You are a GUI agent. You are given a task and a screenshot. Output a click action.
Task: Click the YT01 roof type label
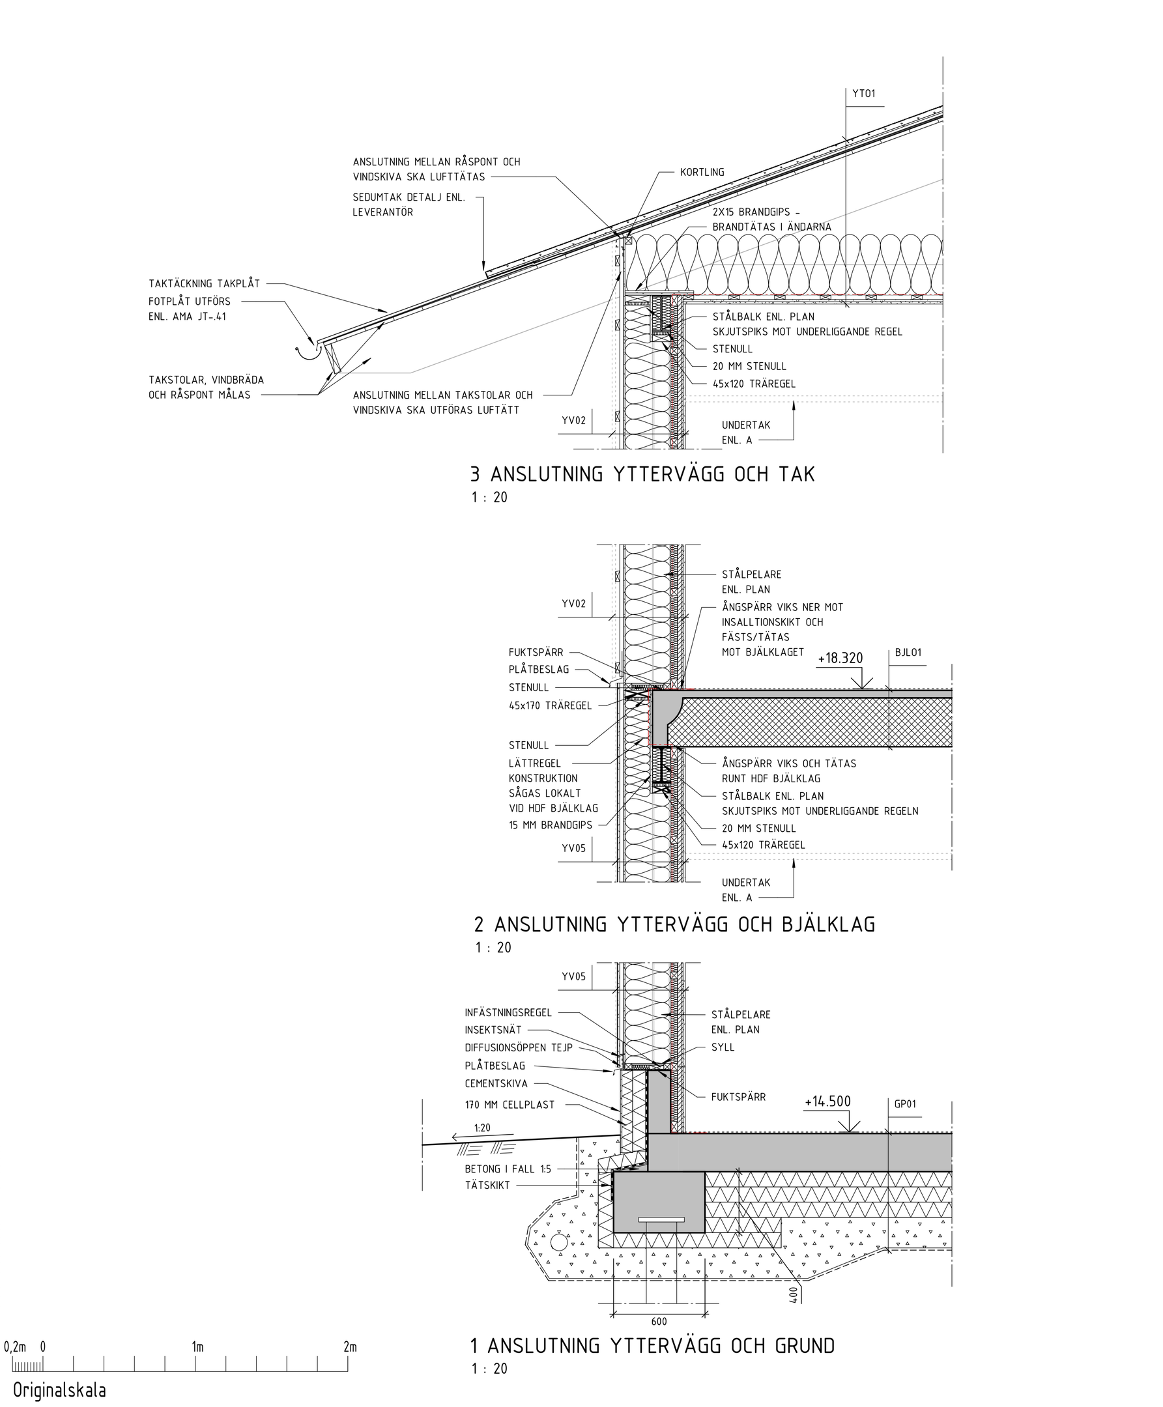[x=863, y=94]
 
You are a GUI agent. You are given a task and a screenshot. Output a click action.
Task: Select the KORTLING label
[x=702, y=172]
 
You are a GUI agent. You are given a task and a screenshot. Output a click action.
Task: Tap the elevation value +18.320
[x=840, y=659]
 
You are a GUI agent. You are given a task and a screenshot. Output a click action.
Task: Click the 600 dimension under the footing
[x=659, y=1321]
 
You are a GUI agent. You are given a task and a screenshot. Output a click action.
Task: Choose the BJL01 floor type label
[x=908, y=653]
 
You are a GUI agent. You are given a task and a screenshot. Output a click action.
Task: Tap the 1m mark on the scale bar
[x=197, y=1346]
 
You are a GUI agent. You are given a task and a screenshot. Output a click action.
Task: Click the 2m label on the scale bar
[x=350, y=1346]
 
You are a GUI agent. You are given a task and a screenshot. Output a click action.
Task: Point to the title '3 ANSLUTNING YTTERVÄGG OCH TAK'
[x=642, y=474]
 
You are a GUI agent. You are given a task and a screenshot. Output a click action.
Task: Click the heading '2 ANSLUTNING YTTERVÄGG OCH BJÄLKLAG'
[x=674, y=924]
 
